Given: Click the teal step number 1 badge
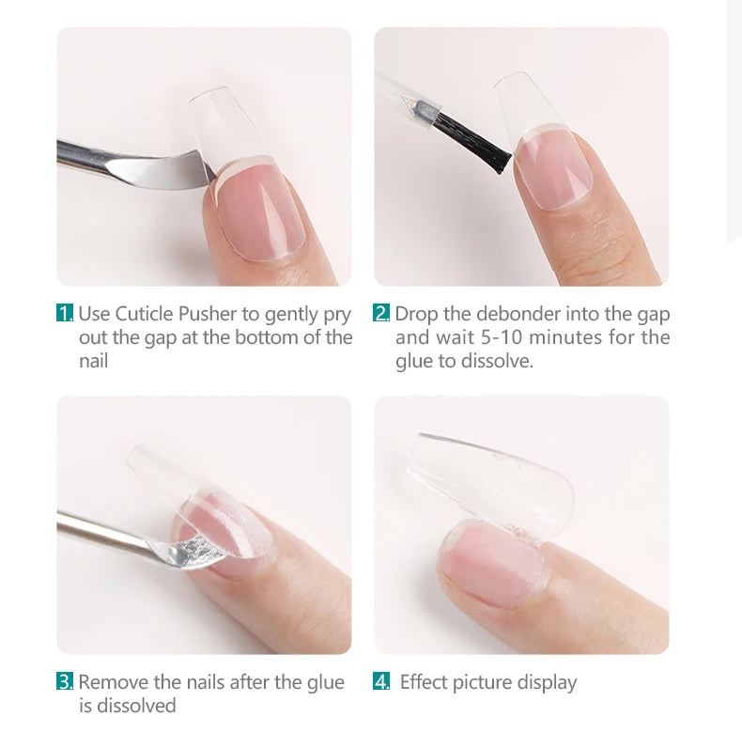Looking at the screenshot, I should (65, 314).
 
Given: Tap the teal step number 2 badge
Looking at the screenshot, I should (381, 314).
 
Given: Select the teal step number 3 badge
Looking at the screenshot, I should (65, 682).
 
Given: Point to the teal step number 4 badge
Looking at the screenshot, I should (381, 682).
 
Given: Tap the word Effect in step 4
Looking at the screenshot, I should (425, 682).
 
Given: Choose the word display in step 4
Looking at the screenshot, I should (546, 682).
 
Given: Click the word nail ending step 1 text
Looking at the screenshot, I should (93, 361).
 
